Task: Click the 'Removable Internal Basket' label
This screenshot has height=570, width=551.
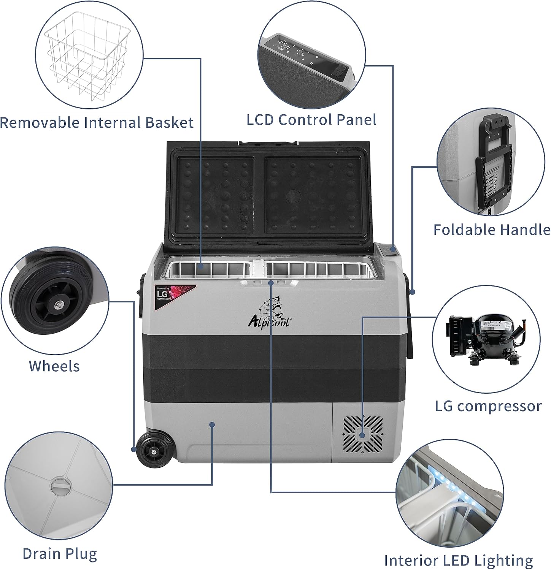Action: (97, 123)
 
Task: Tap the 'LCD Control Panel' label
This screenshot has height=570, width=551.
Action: (311, 119)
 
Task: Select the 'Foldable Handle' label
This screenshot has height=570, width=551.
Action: (492, 230)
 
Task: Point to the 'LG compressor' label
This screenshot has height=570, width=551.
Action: (488, 406)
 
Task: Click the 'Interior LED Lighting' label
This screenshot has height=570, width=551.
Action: (458, 560)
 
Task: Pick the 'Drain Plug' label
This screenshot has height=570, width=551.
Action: (60, 553)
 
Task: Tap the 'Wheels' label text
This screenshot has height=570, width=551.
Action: (54, 366)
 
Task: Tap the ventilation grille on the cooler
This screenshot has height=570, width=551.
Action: (363, 435)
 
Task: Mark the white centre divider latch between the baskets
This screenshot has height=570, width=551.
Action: (259, 270)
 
